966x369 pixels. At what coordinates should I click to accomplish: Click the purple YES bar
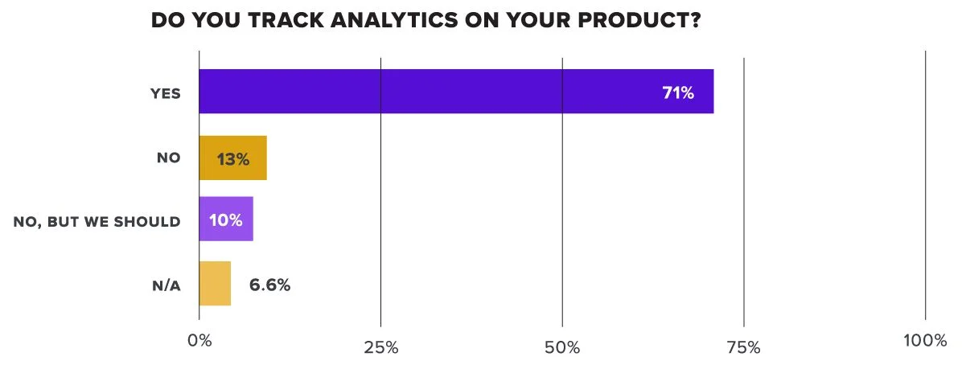tap(456, 92)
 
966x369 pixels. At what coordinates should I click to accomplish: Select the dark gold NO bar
tap(233, 158)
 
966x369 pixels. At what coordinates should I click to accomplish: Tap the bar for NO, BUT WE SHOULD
tap(226, 219)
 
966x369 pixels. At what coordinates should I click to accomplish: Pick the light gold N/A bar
tap(215, 283)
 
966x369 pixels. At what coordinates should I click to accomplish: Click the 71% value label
tap(678, 92)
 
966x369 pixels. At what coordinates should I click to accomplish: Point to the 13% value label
tap(233, 159)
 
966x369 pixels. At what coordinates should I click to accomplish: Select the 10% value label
tap(225, 220)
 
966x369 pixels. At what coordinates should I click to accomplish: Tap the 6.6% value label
tap(269, 285)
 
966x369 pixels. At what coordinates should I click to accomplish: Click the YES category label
tap(166, 93)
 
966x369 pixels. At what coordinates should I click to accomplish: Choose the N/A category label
tap(166, 286)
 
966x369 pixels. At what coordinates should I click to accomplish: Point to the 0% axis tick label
tap(199, 341)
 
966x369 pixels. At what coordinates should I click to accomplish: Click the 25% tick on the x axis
tap(380, 347)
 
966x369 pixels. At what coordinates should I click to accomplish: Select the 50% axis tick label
tap(562, 347)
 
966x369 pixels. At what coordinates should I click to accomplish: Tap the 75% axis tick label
tap(743, 347)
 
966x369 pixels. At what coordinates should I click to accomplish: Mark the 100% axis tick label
tap(925, 341)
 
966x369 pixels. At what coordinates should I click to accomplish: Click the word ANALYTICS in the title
tap(394, 20)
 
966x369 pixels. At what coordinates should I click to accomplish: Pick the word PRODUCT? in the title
tap(639, 20)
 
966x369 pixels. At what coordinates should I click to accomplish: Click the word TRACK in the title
tap(286, 20)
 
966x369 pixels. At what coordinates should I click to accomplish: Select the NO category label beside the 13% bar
tap(169, 158)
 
